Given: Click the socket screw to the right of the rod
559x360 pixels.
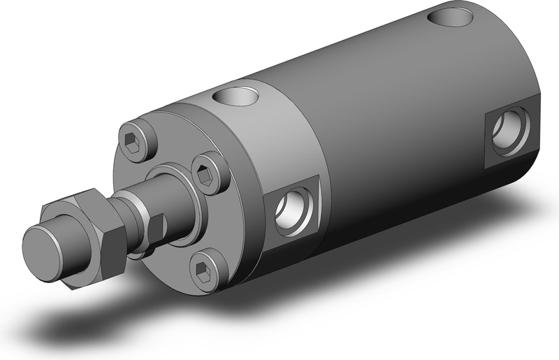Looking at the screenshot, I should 208,175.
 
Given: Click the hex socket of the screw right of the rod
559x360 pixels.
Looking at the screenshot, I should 207,175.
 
